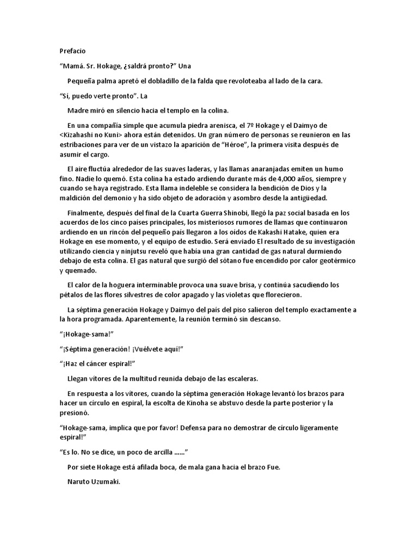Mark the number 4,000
click(292, 179)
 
